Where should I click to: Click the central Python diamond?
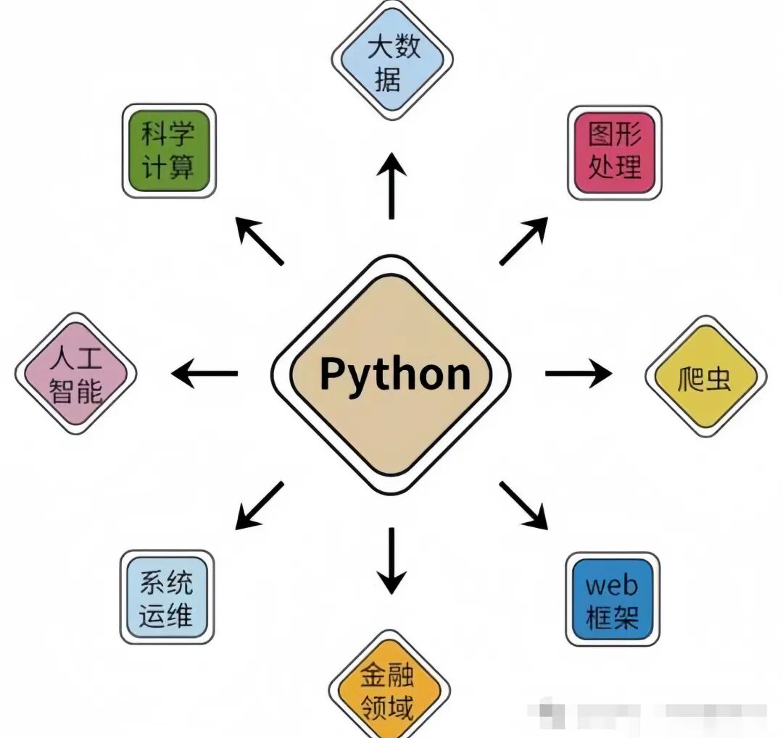(391, 374)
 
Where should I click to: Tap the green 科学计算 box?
(168, 151)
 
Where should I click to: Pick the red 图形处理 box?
(614, 152)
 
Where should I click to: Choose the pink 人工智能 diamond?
(76, 374)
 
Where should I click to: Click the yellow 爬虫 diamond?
(705, 376)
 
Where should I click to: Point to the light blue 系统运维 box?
(167, 597)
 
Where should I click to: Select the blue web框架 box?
(613, 598)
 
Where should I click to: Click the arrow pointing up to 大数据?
(391, 186)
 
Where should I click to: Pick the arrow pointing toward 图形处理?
(523, 240)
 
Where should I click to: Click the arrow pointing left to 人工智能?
(205, 374)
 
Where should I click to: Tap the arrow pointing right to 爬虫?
(578, 374)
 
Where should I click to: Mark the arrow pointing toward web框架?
(523, 505)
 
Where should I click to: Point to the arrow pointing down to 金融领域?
(391, 561)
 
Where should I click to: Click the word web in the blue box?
(612, 584)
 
